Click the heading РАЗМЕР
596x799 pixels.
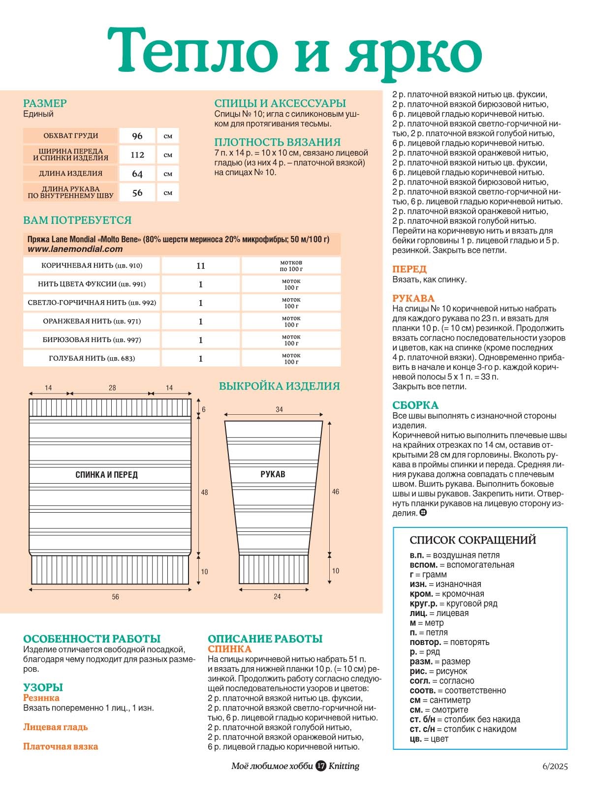[x=45, y=103]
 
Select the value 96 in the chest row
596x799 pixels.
[x=137, y=136]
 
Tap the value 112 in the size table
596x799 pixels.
[x=137, y=154]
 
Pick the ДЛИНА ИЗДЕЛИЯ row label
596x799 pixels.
[x=71, y=173]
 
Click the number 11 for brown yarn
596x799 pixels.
[x=201, y=266]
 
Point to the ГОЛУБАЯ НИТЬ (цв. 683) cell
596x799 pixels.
[x=92, y=358]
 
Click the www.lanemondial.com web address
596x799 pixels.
[x=75, y=249]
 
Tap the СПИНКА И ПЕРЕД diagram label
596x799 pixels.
[x=106, y=475]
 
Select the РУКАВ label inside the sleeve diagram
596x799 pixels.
[x=273, y=474]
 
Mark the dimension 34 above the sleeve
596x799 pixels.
[x=279, y=409]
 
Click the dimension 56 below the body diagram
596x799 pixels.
[x=115, y=597]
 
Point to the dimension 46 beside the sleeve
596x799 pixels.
[x=336, y=492]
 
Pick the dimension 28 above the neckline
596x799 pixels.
[x=112, y=388]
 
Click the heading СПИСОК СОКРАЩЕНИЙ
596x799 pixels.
[x=472, y=540]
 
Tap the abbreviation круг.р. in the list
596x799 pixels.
[x=423, y=604]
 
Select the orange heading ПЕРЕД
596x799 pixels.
[x=409, y=269]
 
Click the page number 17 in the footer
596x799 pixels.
[x=321, y=766]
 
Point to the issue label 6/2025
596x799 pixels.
[x=555, y=766]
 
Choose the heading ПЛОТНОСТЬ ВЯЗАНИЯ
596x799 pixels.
[x=277, y=142]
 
